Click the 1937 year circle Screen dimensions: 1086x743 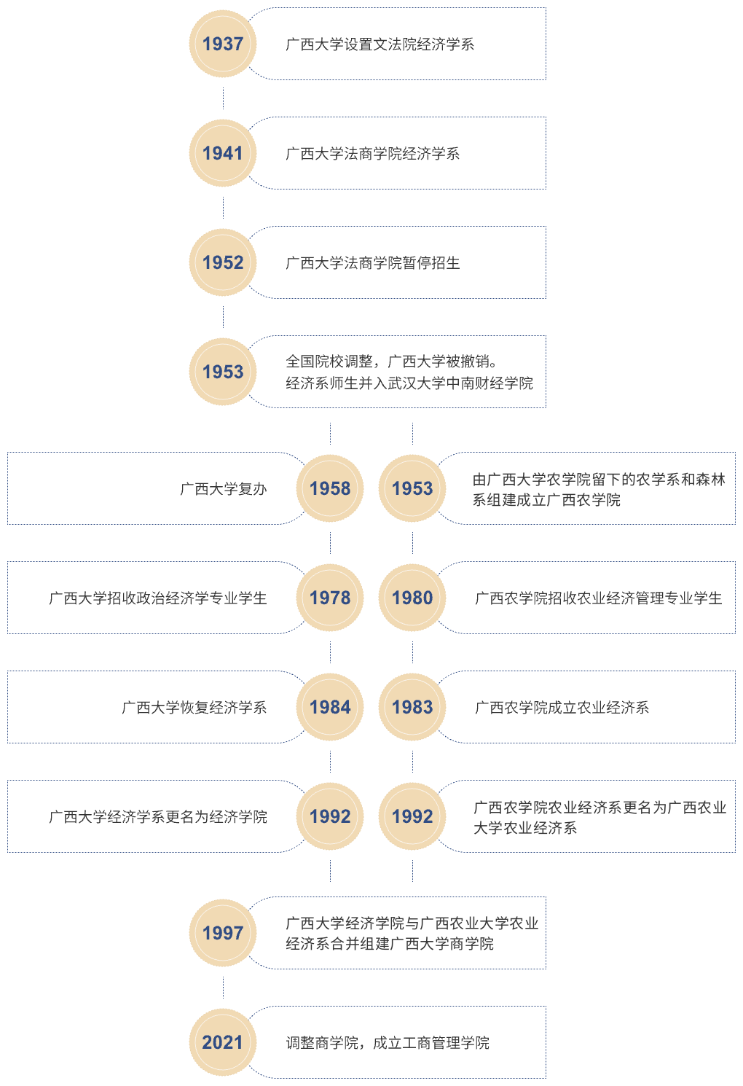click(x=223, y=44)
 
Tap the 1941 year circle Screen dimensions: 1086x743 click(x=223, y=153)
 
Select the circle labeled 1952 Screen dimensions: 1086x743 click(x=223, y=262)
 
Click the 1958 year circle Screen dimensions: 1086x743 click(x=330, y=488)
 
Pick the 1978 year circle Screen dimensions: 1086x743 click(x=330, y=598)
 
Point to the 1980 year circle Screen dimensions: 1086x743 click(x=412, y=598)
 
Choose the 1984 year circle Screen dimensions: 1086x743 click(x=330, y=707)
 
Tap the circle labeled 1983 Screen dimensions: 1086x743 click(x=412, y=707)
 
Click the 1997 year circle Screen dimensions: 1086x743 click(x=223, y=933)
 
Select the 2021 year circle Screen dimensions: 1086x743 click(x=223, y=1042)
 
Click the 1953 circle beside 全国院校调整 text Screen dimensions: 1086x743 click(x=223, y=372)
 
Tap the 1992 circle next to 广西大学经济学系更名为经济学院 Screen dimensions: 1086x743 click(x=330, y=816)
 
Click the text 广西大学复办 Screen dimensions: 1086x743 click(x=224, y=489)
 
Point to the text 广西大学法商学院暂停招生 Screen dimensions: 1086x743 click(x=373, y=263)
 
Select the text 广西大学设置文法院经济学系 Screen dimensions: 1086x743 click(x=380, y=44)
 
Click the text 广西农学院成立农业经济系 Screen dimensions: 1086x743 click(x=562, y=708)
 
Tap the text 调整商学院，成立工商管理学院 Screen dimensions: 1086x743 click(x=388, y=1043)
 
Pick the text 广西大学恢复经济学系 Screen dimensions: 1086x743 click(x=194, y=708)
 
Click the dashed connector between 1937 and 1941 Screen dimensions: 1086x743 click(x=223, y=98)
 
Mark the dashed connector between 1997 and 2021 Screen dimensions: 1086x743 click(x=223, y=988)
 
